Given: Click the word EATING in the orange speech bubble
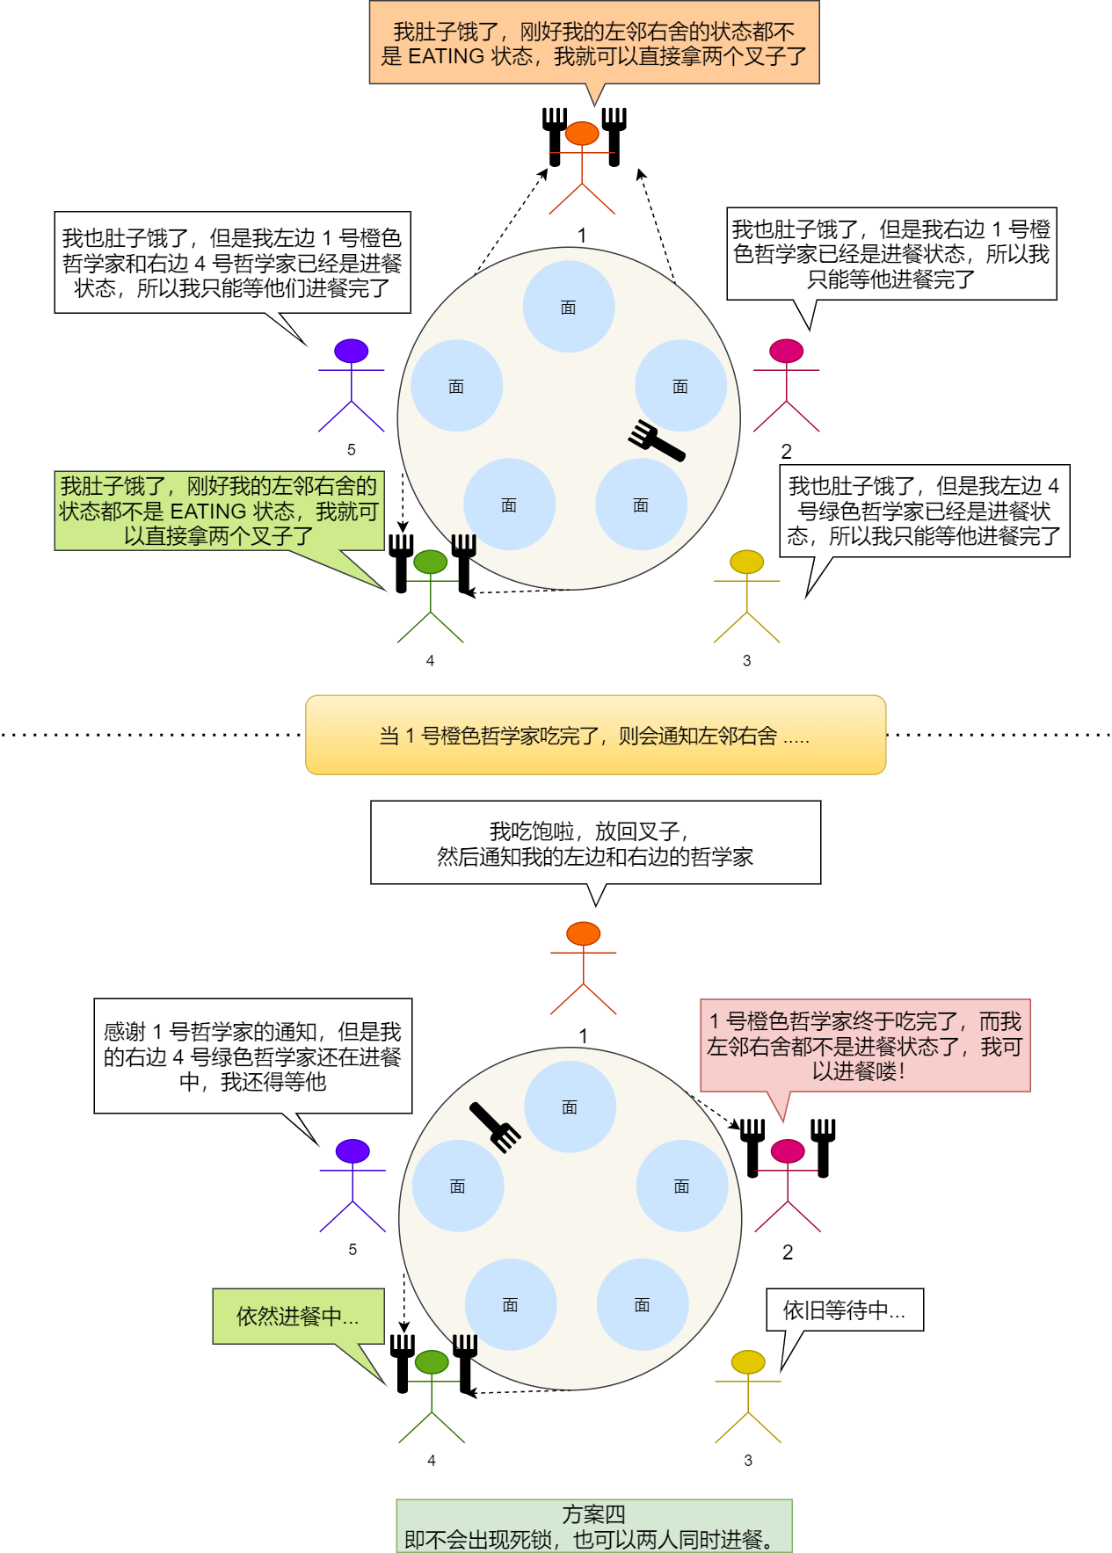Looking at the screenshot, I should point(447,56).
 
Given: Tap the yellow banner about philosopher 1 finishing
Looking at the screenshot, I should point(595,735).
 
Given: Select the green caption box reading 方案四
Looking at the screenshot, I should point(594,1526).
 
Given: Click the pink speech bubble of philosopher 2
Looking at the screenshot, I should point(865,1045).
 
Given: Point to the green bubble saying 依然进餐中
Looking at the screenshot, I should point(298,1316).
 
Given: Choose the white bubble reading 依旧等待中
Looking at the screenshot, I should point(844,1310).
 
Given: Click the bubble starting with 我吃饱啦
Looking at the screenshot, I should point(595,843).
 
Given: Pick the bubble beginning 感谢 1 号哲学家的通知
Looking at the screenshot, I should point(252,1056).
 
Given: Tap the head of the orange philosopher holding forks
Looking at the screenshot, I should point(582,134).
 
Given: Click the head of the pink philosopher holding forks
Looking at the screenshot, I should point(788,1150).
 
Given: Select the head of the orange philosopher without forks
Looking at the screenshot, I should point(584,933).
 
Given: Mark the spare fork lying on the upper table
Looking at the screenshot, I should point(657,440).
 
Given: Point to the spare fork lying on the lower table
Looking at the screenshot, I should point(495,1127).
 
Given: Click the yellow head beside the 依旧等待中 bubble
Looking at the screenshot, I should point(748,1361).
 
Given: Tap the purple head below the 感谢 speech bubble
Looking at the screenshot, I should point(352,1150).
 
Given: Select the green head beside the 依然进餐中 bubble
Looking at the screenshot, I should point(432,1361).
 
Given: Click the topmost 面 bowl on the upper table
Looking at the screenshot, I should point(569,307).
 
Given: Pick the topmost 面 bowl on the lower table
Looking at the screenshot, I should point(570,1107).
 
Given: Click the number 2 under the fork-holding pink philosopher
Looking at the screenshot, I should point(788,1252).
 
